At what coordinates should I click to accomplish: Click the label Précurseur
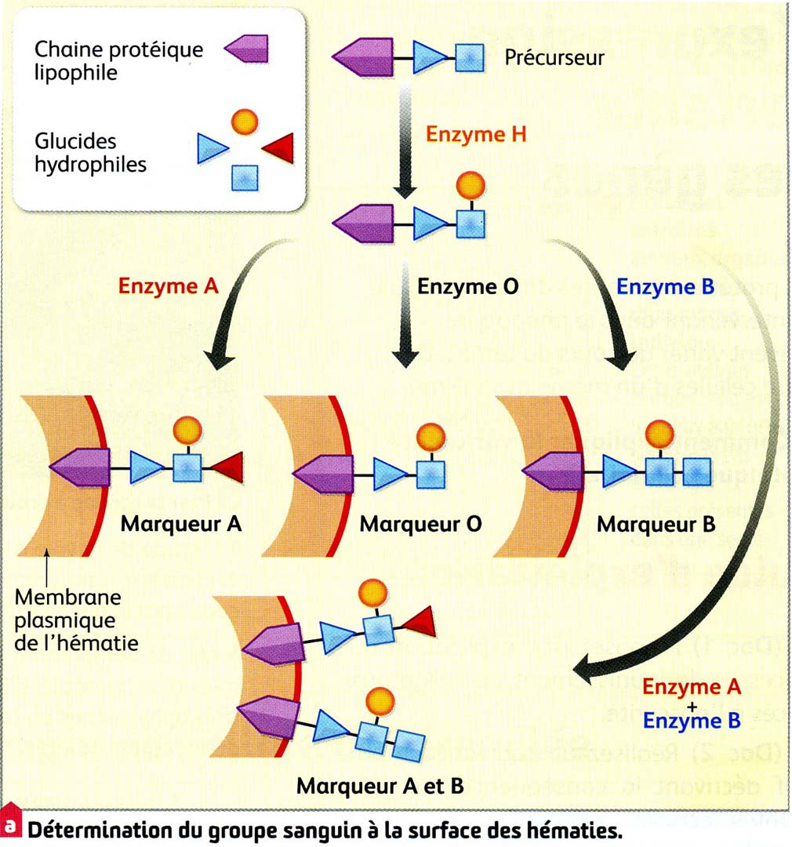(554, 58)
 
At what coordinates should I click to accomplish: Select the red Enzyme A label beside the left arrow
(168, 286)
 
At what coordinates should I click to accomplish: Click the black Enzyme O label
(467, 286)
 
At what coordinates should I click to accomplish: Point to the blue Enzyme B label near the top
(665, 286)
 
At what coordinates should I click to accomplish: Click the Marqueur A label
(180, 524)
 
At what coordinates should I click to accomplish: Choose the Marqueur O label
(420, 524)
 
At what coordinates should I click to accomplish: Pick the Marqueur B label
(656, 524)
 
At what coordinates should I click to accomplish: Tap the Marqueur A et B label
(380, 786)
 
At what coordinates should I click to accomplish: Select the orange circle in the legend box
(245, 122)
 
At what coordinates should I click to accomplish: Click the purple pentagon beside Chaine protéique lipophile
(247, 52)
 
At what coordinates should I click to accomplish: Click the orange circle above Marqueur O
(428, 434)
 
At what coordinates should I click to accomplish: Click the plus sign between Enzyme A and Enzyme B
(690, 705)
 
